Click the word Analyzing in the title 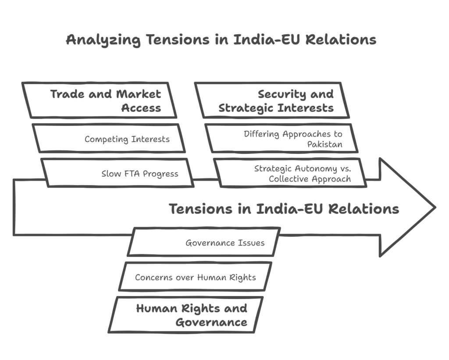103,40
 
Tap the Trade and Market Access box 100,100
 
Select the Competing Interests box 109,138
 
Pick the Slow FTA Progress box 118,173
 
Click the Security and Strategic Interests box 272,100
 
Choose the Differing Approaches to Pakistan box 282,138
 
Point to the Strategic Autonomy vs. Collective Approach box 290,173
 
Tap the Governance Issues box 203,242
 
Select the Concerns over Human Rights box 195,276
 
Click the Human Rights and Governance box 185,314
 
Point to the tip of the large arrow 435,207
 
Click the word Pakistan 325,144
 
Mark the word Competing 106,139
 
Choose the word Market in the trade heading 139,94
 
